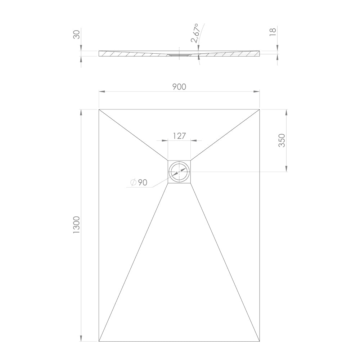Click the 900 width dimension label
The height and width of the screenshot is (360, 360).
pyautogui.click(x=179, y=87)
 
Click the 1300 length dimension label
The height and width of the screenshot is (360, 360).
pyautogui.click(x=76, y=225)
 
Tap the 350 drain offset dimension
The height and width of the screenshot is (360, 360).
pyautogui.click(x=282, y=140)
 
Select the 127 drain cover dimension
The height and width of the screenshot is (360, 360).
pyautogui.click(x=179, y=136)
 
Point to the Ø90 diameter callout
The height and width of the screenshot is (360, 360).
pyautogui.click(x=139, y=183)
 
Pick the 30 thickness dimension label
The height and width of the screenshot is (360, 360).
pyautogui.click(x=76, y=35)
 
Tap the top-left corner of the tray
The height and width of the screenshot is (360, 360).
pyautogui.click(x=99, y=109)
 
